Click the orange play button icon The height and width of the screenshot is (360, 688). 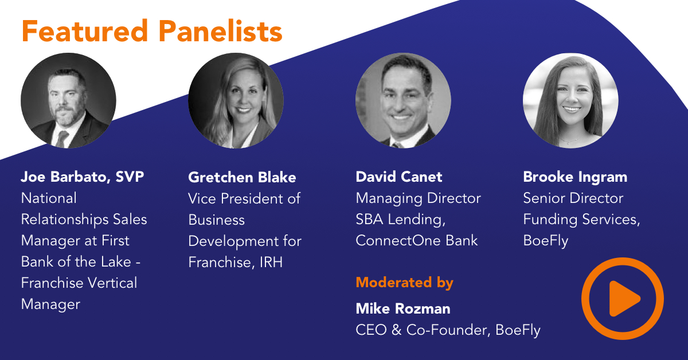[623, 299]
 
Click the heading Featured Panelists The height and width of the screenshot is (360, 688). [152, 31]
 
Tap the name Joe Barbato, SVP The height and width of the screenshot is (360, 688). [83, 177]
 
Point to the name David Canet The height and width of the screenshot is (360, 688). [399, 177]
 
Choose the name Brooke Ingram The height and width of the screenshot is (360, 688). [575, 177]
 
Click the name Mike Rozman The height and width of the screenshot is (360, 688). [403, 309]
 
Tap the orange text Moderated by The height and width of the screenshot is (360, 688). [404, 283]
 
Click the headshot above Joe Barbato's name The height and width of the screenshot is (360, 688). [68, 101]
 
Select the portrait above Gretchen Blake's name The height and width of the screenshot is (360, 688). [236, 101]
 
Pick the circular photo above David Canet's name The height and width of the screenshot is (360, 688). [403, 101]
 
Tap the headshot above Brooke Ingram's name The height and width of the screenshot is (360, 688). [570, 101]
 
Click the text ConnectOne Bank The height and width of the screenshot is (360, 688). [417, 240]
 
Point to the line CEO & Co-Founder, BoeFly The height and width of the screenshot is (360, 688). [448, 330]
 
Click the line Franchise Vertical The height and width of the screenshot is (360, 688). [79, 283]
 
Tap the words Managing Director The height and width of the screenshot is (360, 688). [418, 198]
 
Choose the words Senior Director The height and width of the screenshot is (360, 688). [573, 198]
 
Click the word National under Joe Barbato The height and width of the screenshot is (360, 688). [49, 198]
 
